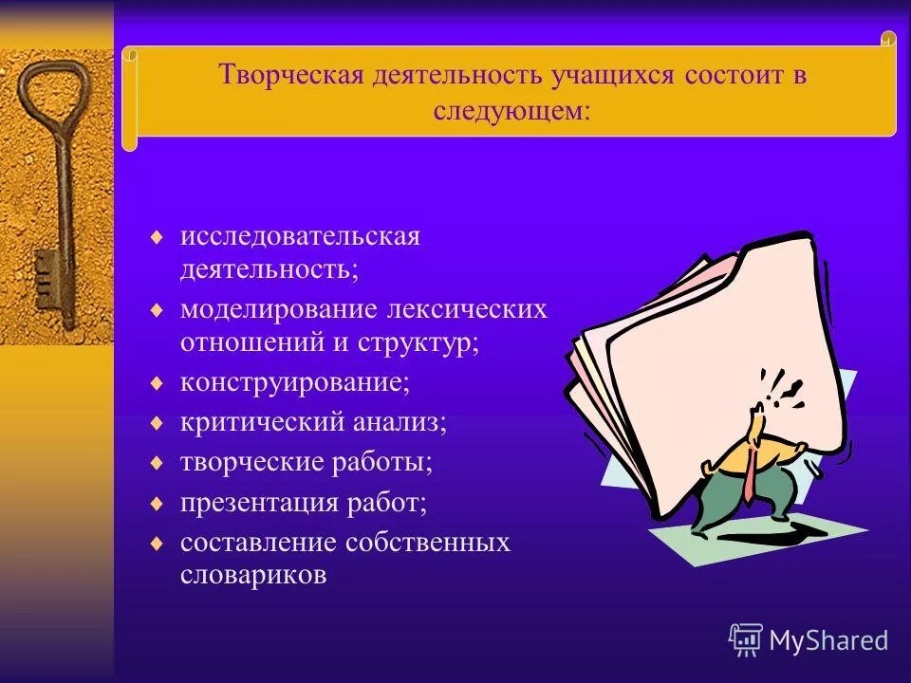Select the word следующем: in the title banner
(x=512, y=110)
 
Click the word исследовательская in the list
(x=300, y=236)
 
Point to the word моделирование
(x=280, y=309)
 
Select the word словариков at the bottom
(x=254, y=575)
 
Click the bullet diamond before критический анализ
(x=158, y=422)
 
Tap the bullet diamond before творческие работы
(x=158, y=462)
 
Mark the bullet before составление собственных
(x=158, y=543)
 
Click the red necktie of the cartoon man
(x=750, y=474)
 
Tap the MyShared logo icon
(x=746, y=640)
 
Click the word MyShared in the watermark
(x=828, y=641)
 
